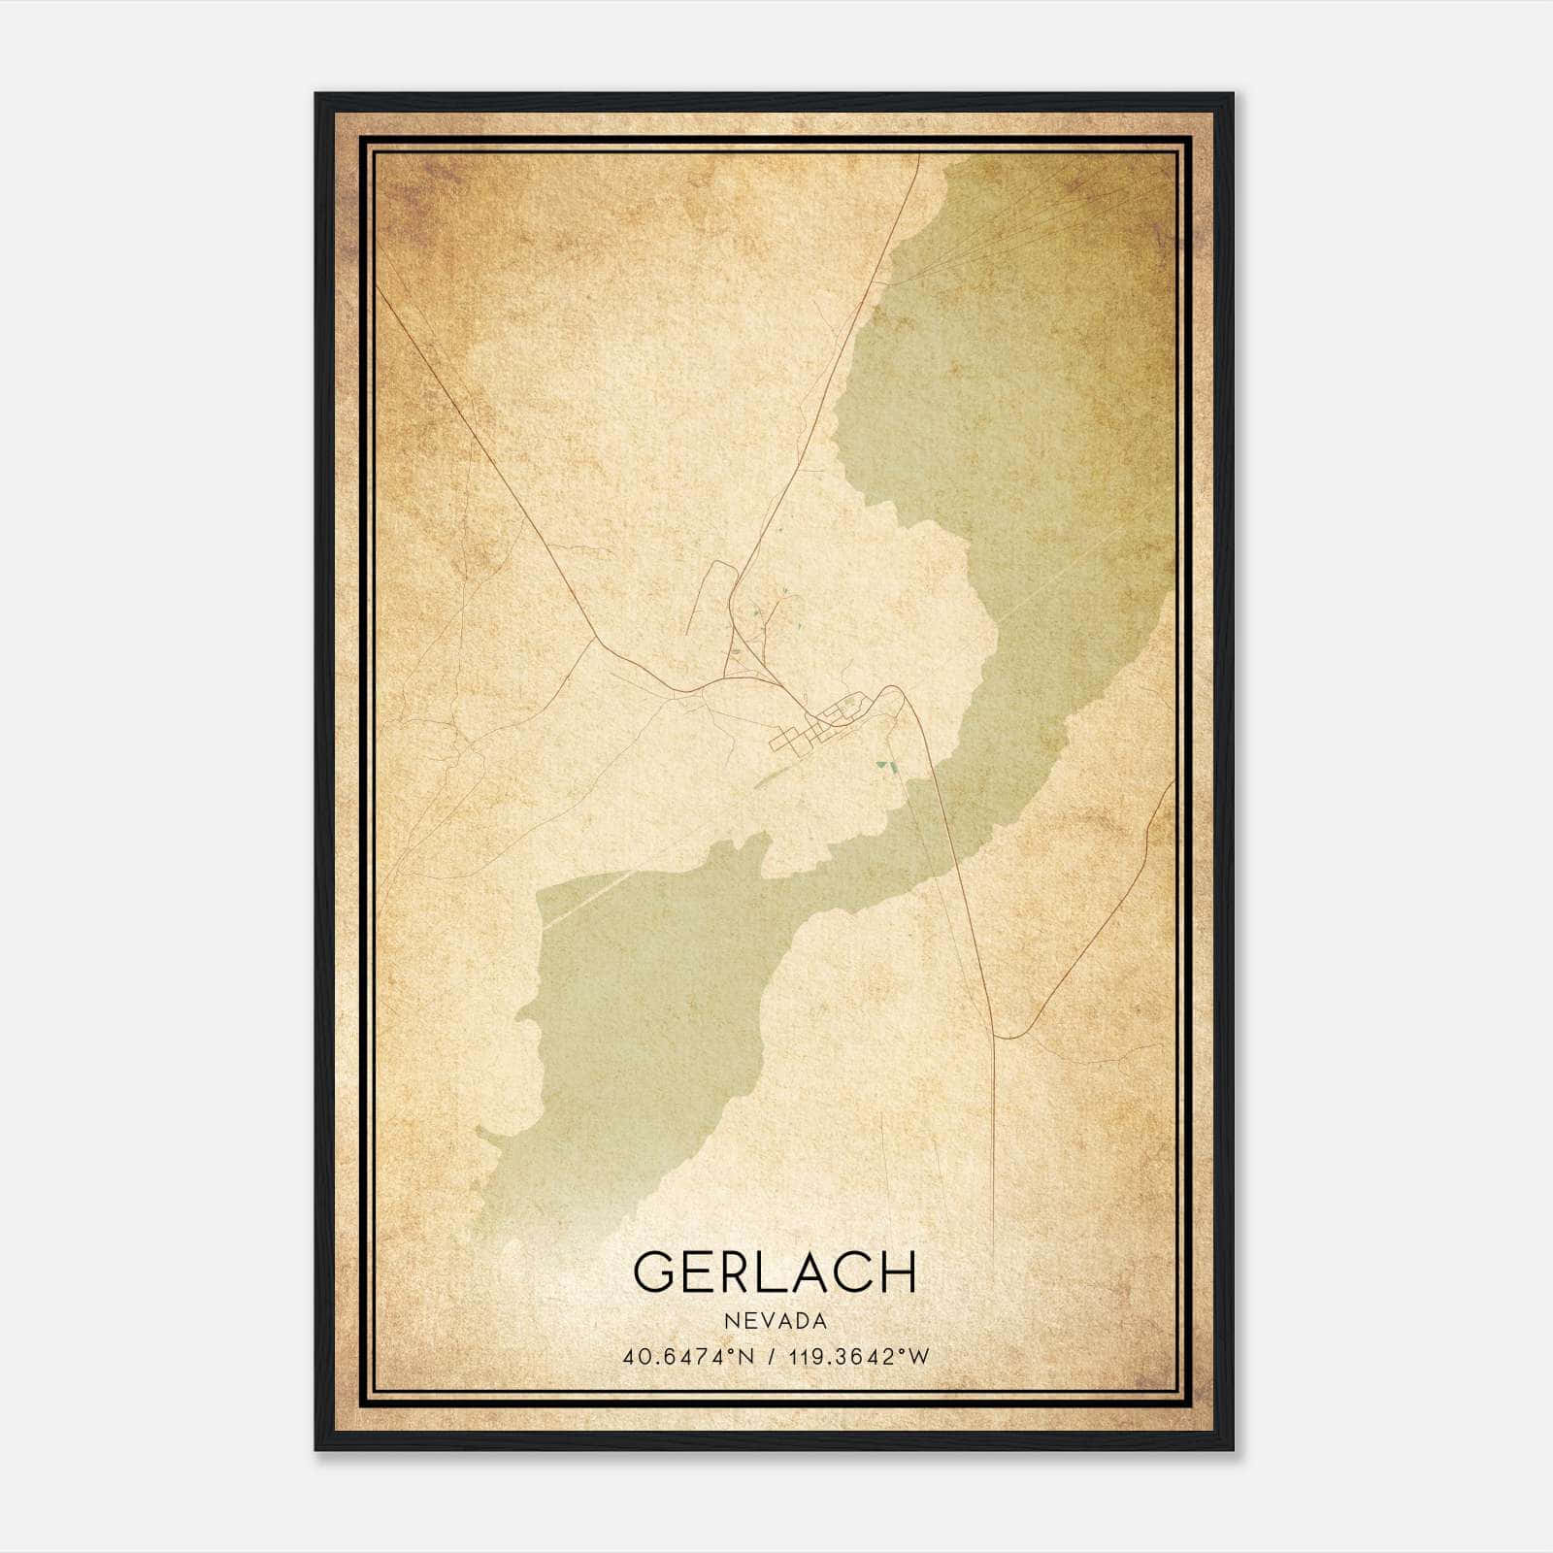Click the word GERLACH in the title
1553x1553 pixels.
(x=775, y=1272)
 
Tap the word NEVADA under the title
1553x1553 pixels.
(x=775, y=1321)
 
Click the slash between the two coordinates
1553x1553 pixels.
(x=773, y=1356)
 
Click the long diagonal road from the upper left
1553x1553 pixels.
(x=485, y=466)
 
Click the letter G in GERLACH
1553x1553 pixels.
(x=656, y=1272)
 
